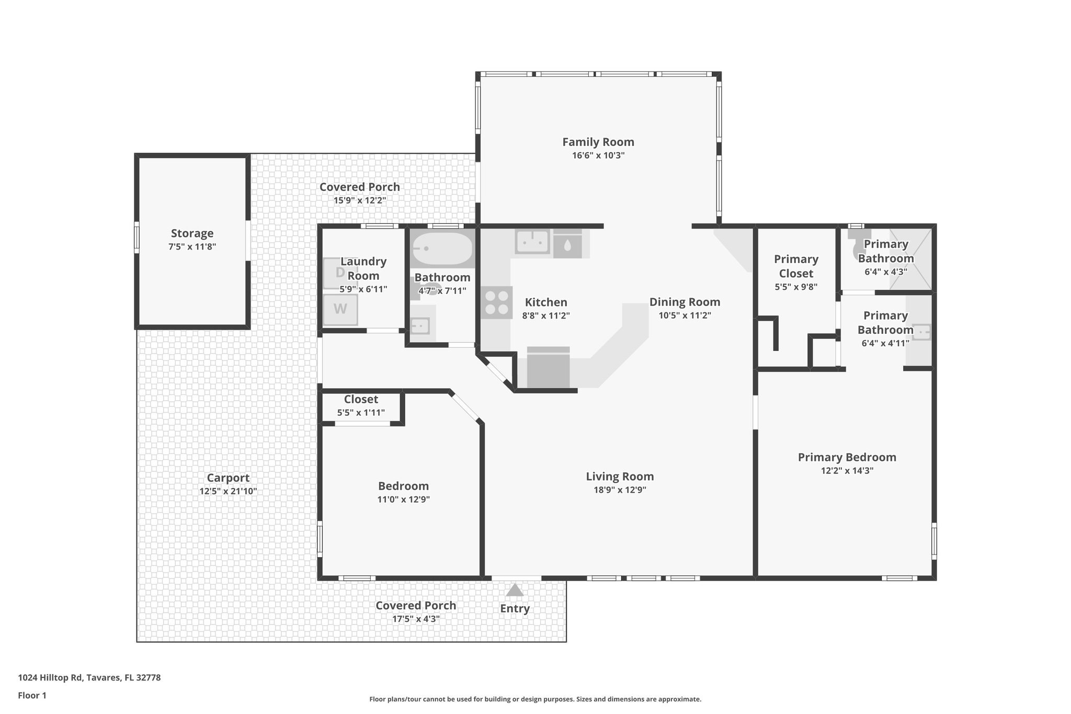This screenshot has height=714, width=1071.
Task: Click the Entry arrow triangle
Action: [515, 590]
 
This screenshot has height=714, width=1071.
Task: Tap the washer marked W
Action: [340, 309]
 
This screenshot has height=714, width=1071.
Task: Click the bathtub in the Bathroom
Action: [442, 250]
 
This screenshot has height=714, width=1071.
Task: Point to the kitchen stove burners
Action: [496, 303]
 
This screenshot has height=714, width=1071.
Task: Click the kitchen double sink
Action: [532, 242]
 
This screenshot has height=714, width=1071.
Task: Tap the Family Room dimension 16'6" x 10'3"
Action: [598, 155]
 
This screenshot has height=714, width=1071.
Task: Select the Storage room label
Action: [192, 233]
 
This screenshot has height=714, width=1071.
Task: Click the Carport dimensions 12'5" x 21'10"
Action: [228, 491]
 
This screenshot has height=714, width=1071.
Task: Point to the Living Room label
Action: [620, 477]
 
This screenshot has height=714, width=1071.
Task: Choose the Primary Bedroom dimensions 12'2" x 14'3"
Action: [847, 470]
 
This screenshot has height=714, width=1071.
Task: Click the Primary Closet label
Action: [796, 266]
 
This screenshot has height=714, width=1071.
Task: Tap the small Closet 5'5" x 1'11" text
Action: [361, 412]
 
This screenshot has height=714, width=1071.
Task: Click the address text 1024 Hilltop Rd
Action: [89, 677]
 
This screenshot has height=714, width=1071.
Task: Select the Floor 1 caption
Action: [32, 695]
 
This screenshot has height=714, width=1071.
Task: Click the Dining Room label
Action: [685, 302]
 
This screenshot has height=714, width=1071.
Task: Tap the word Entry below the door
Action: [515, 608]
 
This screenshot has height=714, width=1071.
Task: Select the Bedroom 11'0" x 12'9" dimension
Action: [403, 499]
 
